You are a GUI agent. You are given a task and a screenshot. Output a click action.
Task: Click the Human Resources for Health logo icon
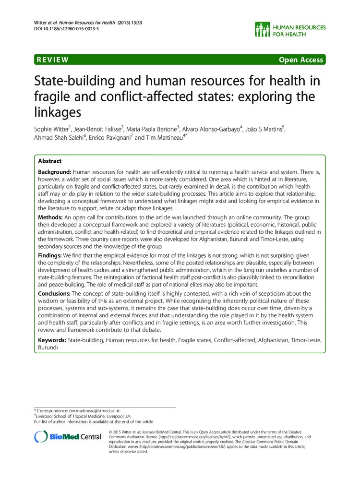click(264, 30)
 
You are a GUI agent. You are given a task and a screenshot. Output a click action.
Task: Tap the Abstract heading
click(49, 161)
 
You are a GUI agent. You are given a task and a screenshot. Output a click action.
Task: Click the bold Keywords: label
click(52, 340)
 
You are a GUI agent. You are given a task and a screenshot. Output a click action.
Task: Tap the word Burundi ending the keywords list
click(49, 347)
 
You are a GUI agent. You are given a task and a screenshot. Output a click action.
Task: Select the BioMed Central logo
click(68, 436)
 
